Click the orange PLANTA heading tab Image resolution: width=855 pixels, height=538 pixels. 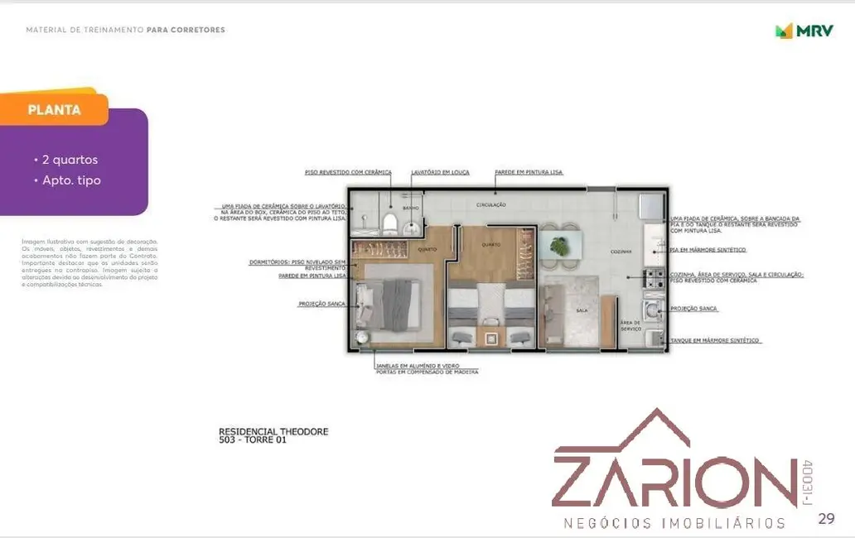pyautogui.click(x=54, y=109)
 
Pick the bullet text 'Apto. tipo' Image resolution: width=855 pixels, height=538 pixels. pyautogui.click(x=71, y=180)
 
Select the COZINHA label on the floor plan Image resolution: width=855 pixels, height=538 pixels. pyautogui.click(x=621, y=251)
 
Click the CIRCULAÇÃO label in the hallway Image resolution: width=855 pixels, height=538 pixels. pyautogui.click(x=490, y=204)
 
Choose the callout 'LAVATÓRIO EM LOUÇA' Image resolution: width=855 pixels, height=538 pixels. pyautogui.click(x=440, y=172)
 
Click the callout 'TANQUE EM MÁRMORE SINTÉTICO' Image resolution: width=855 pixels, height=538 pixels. pyautogui.click(x=715, y=340)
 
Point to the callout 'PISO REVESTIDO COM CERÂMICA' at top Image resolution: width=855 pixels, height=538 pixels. pyautogui.click(x=347, y=172)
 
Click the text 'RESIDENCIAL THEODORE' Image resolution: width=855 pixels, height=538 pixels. pyautogui.click(x=273, y=431)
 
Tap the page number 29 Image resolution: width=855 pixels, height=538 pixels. pyautogui.click(x=825, y=519)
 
